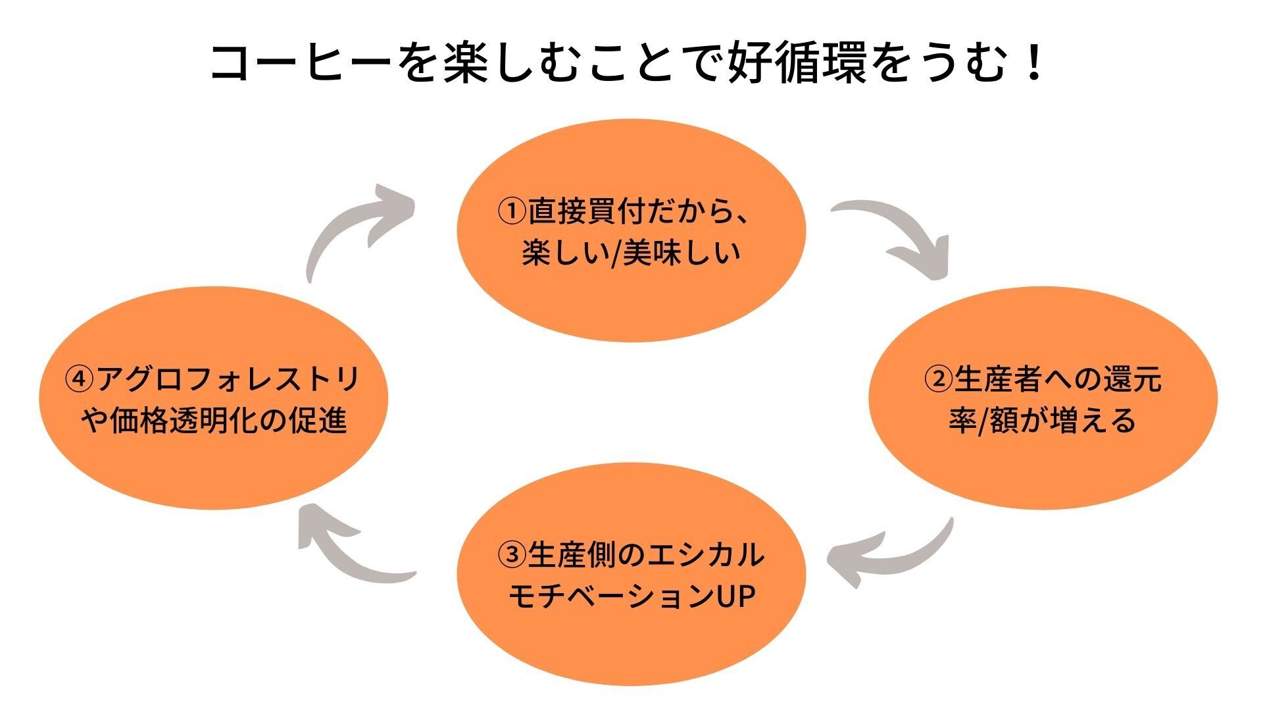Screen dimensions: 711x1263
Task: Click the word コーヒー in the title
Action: pyautogui.click(x=301, y=64)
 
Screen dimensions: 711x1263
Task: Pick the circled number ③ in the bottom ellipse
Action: pyautogui.click(x=512, y=555)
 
